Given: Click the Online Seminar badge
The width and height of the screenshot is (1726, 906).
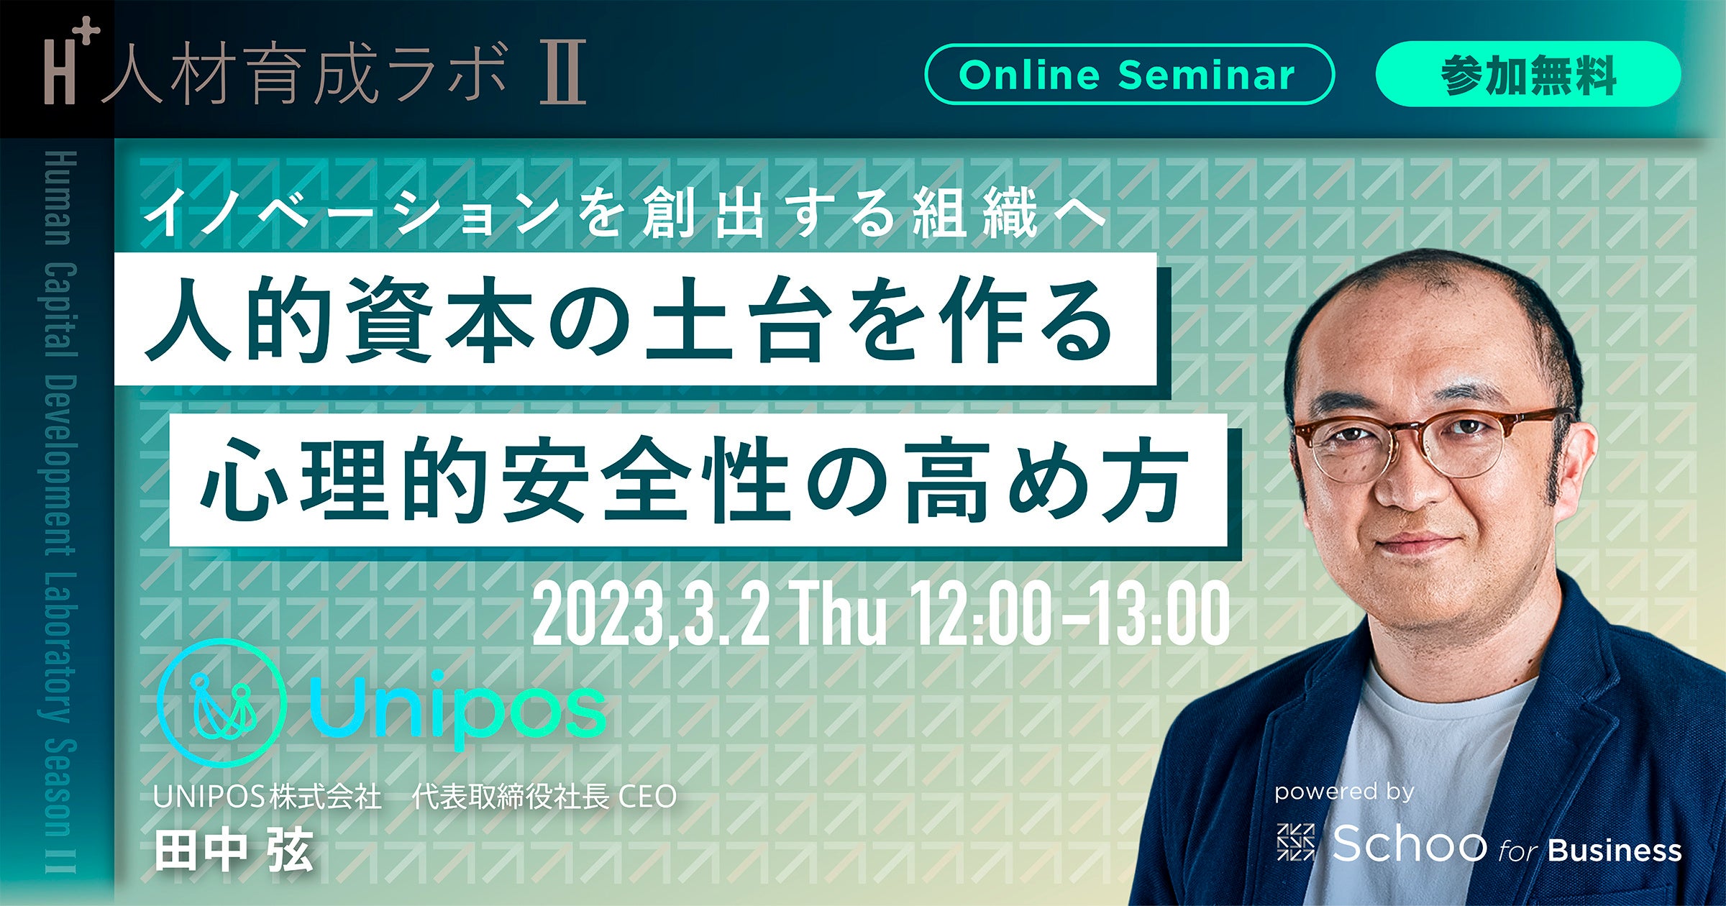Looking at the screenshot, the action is click(1128, 75).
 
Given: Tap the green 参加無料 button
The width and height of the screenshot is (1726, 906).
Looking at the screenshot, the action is click(1528, 75).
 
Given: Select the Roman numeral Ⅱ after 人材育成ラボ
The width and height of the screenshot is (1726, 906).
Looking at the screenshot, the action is click(564, 73).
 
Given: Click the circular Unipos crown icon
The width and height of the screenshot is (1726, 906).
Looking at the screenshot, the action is click(222, 703).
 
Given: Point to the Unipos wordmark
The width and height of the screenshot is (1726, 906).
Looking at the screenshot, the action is click(457, 708).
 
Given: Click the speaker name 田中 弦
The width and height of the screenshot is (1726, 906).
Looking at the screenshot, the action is click(234, 850).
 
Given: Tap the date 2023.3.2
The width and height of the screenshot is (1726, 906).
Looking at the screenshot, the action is click(651, 614).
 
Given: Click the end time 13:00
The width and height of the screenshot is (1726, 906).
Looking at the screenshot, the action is click(1159, 614).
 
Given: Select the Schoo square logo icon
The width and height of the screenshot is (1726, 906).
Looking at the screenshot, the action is click(1295, 842).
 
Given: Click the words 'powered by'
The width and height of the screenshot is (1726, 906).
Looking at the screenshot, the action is click(1345, 792).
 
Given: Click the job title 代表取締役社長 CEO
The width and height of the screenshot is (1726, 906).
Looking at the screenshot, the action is click(544, 797).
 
